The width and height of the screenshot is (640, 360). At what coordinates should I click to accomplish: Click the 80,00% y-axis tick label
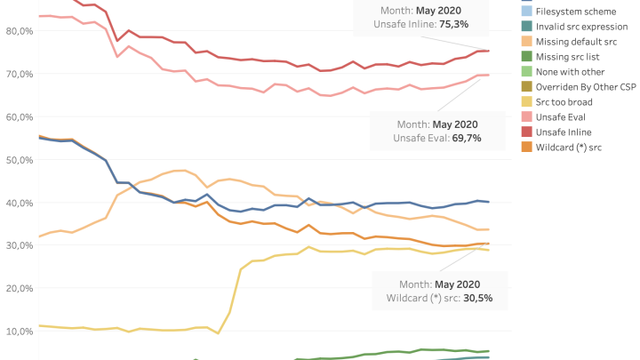tap(19, 30)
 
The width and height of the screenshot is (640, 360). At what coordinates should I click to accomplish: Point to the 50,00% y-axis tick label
tap(19, 159)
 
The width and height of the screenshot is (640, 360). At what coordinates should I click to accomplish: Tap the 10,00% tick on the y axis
tap(19, 331)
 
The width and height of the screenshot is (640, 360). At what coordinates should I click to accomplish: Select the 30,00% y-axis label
tap(19, 245)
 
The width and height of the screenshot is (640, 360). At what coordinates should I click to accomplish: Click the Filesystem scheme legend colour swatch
tap(526, 11)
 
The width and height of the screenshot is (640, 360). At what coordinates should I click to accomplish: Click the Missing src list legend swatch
tap(526, 56)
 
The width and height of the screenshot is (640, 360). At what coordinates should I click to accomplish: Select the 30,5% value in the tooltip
tap(475, 298)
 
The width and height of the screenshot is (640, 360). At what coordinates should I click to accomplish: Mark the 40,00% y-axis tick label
tap(19, 202)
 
